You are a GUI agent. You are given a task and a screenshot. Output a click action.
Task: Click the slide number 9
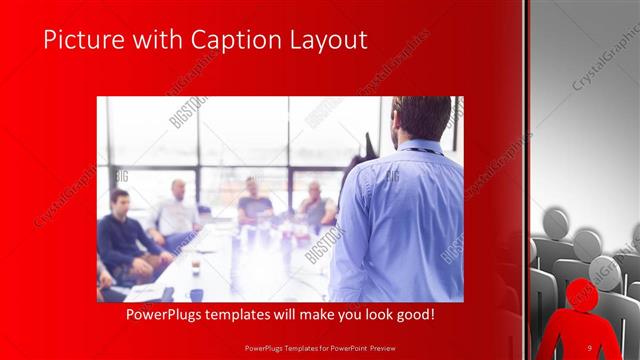pyautogui.click(x=591, y=347)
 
